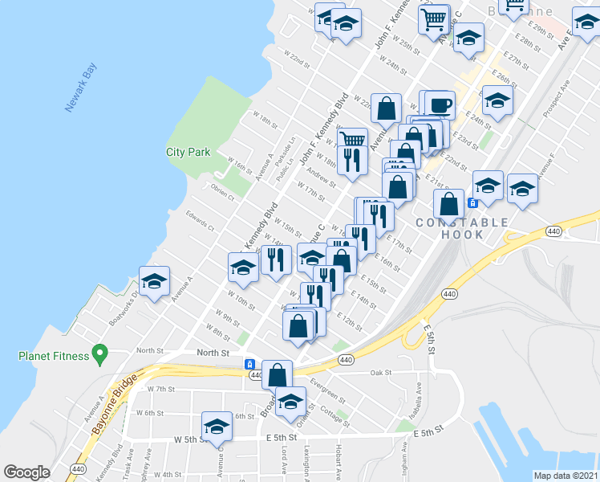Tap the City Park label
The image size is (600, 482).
click(x=188, y=152)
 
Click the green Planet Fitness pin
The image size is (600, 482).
click(x=99, y=352)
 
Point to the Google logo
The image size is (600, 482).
click(x=26, y=472)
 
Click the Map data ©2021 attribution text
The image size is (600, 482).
click(x=566, y=475)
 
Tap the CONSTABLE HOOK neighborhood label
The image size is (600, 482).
click(x=461, y=228)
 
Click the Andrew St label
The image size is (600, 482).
click(x=321, y=171)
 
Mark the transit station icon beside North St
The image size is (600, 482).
click(x=249, y=365)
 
